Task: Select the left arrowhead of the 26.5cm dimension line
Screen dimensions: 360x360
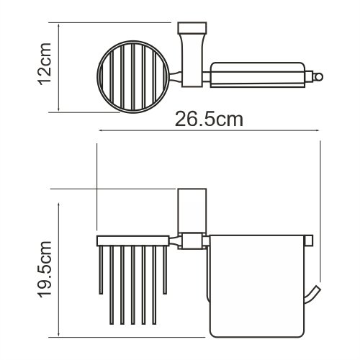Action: pyautogui.click(x=100, y=130)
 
